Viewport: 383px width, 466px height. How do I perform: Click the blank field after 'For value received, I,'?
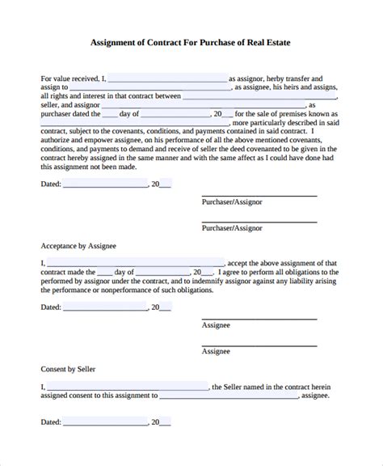point(166,79)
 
